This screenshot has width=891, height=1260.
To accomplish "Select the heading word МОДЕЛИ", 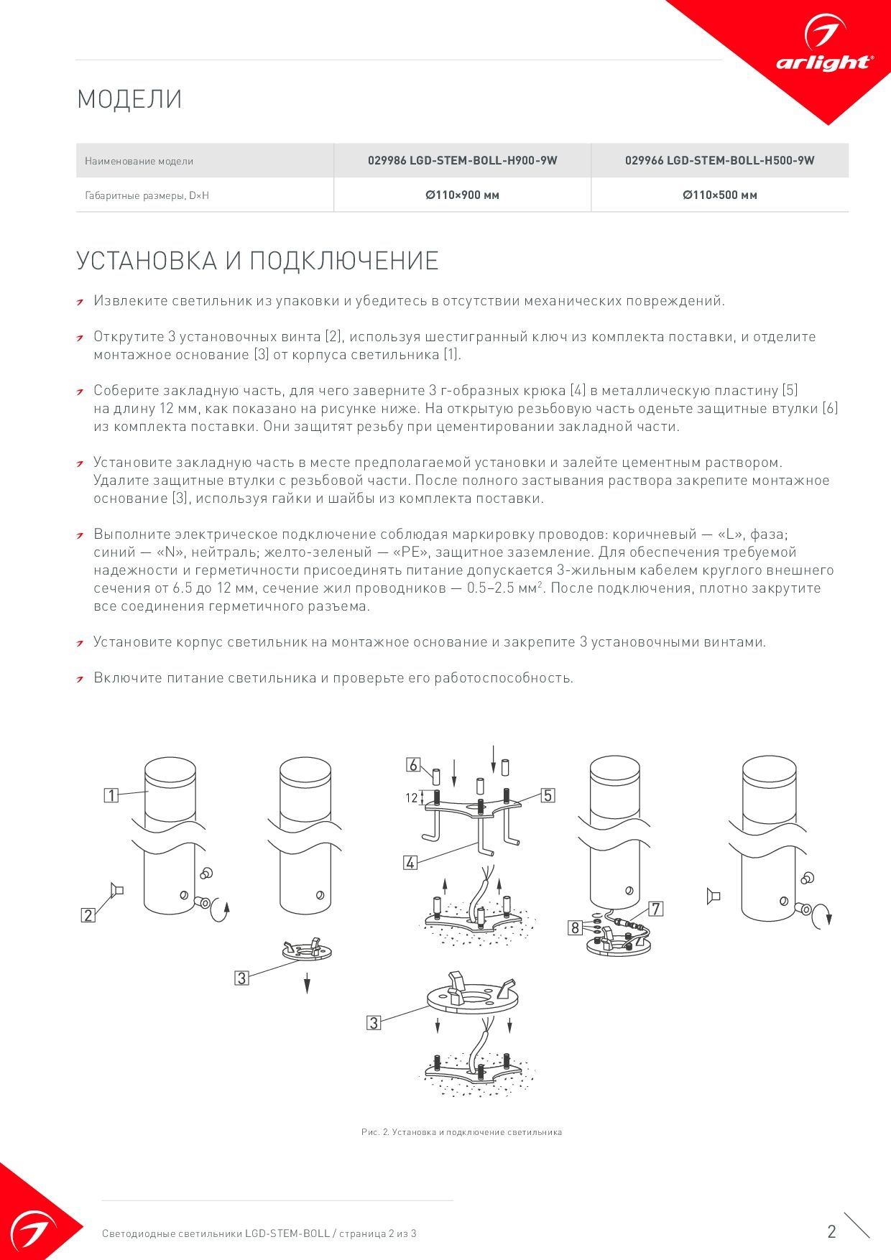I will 129,99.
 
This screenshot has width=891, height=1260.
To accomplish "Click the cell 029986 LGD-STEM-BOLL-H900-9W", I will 462,161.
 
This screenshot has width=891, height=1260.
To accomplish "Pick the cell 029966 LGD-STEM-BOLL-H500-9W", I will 719,161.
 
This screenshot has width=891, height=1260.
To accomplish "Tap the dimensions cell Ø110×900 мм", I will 462,195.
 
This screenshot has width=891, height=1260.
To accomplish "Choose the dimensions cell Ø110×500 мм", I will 719,195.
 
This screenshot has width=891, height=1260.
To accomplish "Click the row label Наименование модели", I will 139,162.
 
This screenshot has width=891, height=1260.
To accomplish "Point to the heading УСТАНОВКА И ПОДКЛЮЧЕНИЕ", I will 257,261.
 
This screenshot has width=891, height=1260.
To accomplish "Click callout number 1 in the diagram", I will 111,795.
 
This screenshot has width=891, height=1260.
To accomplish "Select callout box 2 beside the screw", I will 88,915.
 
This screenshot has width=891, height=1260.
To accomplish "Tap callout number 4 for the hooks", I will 410,863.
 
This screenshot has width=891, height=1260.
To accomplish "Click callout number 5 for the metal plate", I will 548,795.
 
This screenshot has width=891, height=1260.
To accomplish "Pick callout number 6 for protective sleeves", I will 412,765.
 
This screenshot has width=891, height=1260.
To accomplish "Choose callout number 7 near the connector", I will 655,909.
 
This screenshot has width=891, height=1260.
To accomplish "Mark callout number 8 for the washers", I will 575,927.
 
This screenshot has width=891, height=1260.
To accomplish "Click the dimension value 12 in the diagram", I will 411,797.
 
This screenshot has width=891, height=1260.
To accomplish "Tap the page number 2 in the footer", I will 831,1231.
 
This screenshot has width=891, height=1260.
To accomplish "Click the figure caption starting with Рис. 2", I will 461,1132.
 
